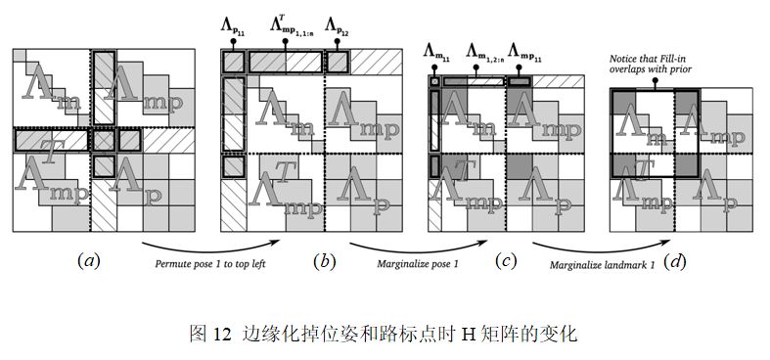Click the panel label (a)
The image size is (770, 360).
tap(89, 262)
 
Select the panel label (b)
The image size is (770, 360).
tap(325, 262)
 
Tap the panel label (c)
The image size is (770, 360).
tap(506, 262)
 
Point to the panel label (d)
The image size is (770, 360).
tap(674, 262)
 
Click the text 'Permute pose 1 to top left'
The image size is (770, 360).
tap(210, 264)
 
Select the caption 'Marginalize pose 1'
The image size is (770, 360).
tap(418, 264)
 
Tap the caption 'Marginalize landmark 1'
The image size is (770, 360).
tap(602, 265)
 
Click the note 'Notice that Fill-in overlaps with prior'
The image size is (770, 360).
tap(651, 65)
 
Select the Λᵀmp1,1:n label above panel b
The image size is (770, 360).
tap(291, 24)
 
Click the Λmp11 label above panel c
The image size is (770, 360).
tap(524, 52)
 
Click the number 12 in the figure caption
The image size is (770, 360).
tap(222, 335)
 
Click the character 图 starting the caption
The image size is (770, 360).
tap(199, 335)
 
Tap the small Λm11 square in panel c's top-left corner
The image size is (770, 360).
tap(434, 82)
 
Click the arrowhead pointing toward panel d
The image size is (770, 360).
tap(666, 242)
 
